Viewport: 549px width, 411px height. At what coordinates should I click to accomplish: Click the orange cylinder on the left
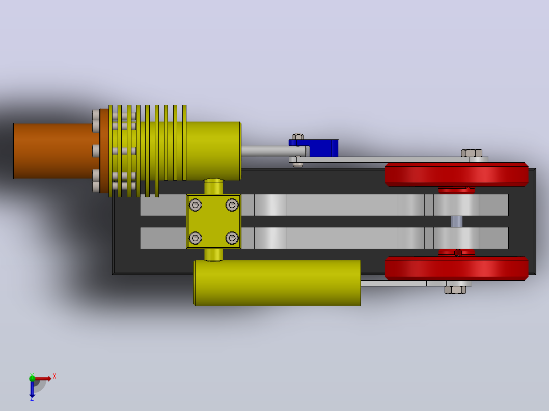pyautogui.click(x=56, y=151)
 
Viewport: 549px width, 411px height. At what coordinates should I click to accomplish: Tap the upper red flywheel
pyautogui.click(x=456, y=174)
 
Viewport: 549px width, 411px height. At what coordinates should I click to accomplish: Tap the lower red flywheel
pyautogui.click(x=456, y=268)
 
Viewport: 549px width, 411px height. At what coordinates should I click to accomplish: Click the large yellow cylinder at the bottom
pyautogui.click(x=277, y=283)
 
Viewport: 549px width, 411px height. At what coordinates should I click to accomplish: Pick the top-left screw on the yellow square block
pyautogui.click(x=196, y=205)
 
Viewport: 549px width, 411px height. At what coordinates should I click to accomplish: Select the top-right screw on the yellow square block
pyautogui.click(x=232, y=205)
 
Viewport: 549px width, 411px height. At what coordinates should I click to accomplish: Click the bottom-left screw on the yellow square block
pyautogui.click(x=196, y=238)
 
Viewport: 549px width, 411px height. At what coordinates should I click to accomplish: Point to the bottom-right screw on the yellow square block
pyautogui.click(x=232, y=238)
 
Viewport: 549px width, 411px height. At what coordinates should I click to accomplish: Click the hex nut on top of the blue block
pyautogui.click(x=297, y=136)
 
